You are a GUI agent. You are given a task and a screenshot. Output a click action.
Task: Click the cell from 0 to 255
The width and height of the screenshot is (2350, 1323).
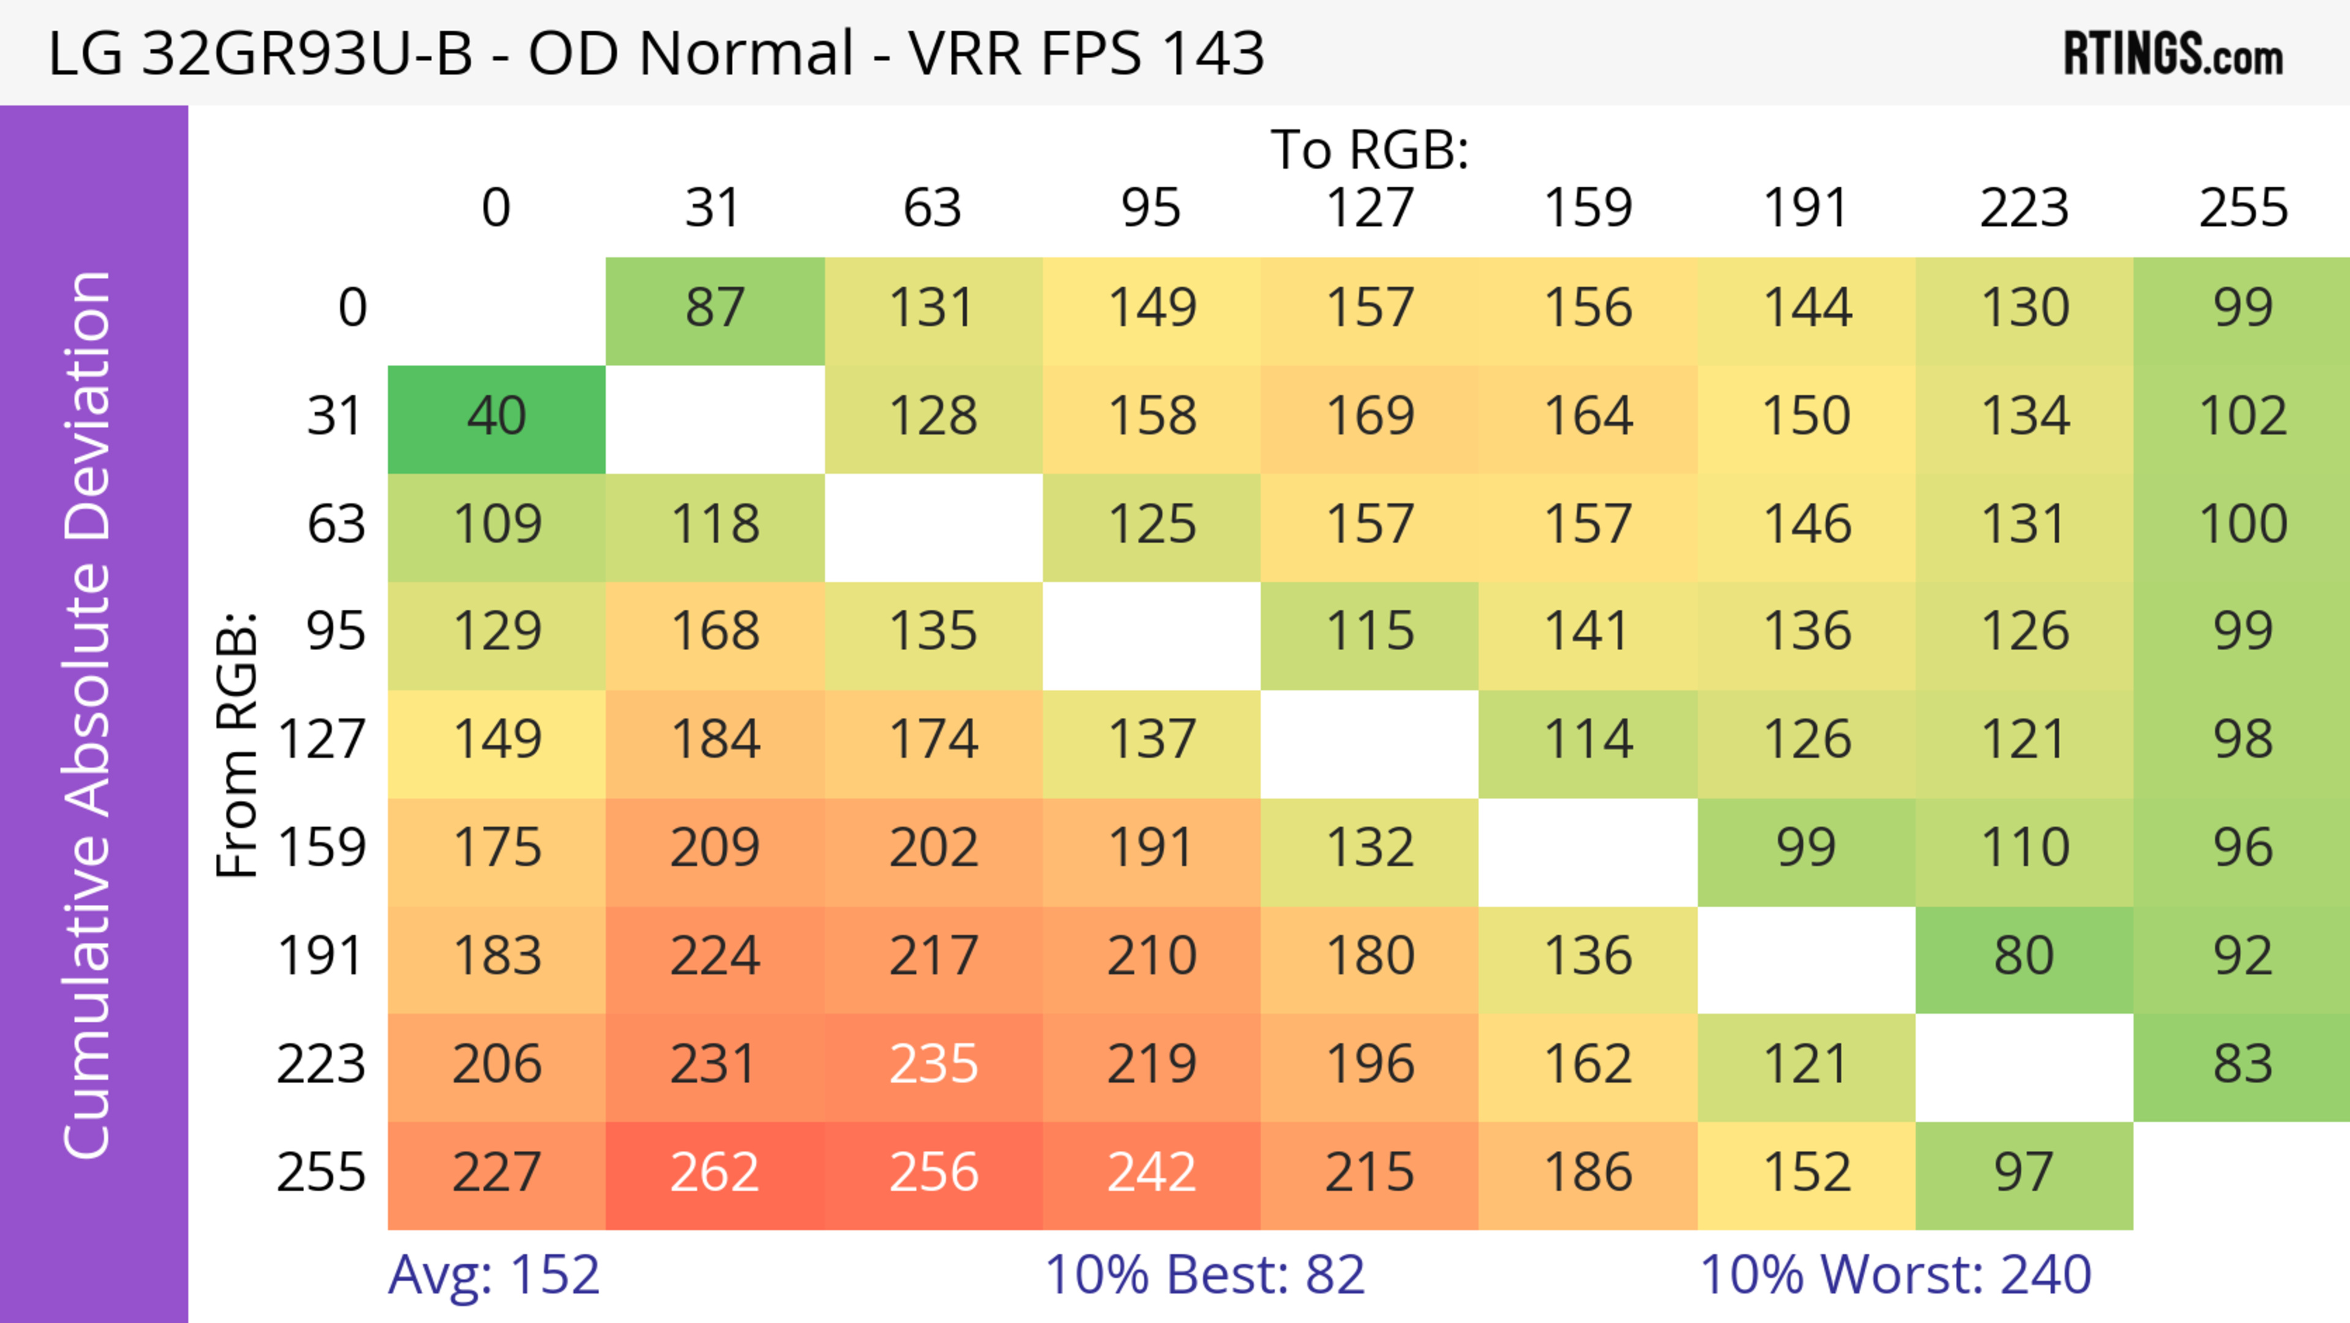2242,309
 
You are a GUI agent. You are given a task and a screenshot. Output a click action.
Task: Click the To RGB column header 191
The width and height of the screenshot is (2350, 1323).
1805,209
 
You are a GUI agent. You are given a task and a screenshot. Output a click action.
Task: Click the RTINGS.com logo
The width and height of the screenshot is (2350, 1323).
2173,54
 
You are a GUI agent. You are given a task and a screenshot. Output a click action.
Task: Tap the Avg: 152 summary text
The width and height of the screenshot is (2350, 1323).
493,1276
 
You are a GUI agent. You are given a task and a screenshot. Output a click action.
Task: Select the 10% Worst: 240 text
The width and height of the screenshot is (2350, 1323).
1895,1276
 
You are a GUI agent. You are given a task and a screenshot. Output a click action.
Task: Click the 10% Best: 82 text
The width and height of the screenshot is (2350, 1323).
1204,1276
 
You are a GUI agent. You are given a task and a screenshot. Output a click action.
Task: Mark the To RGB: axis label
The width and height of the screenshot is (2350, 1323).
1370,151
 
